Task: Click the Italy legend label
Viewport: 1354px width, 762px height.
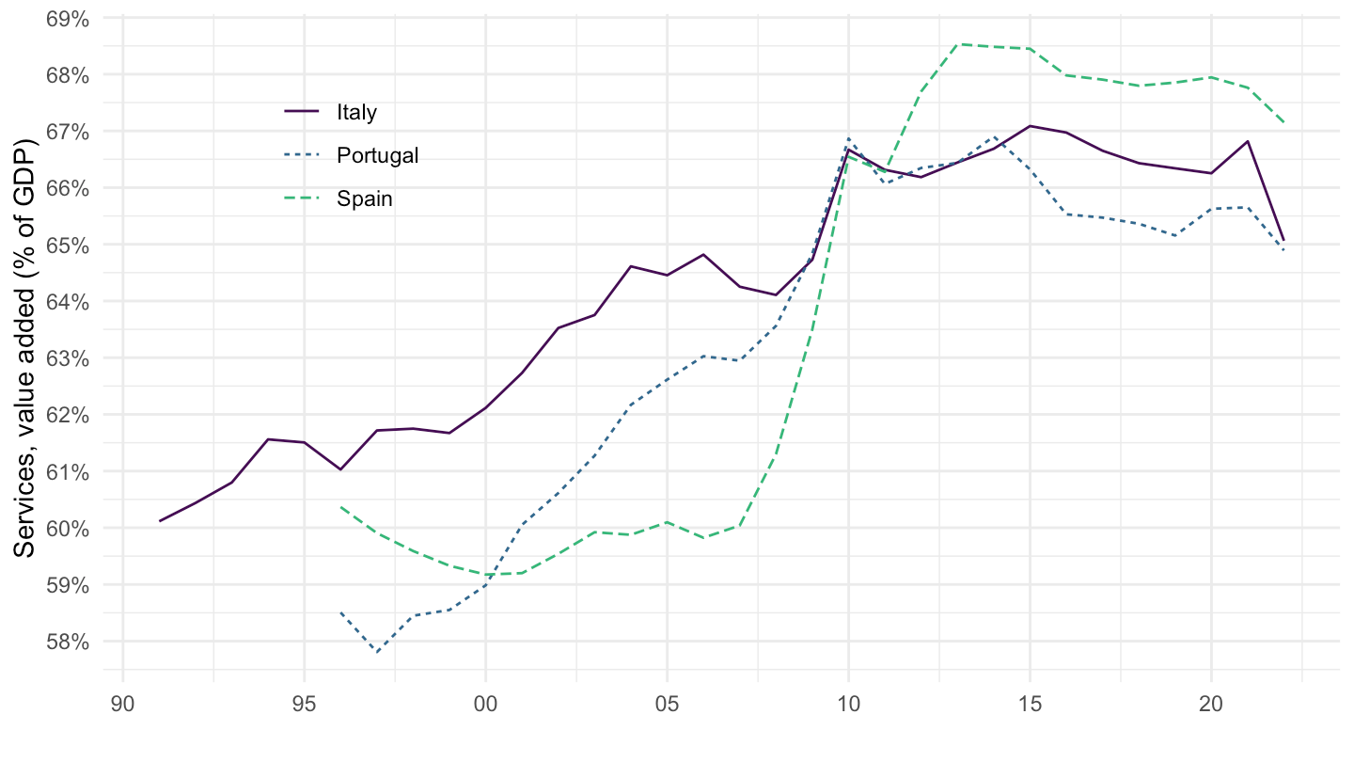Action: (356, 113)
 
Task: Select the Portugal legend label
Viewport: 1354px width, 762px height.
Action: (377, 156)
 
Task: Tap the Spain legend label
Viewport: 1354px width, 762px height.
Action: (365, 199)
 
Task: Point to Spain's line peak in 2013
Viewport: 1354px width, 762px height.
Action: (957, 44)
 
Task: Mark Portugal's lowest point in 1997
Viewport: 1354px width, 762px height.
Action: (377, 652)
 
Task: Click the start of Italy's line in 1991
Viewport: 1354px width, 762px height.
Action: (160, 521)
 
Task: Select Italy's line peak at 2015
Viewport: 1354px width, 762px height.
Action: (1030, 126)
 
